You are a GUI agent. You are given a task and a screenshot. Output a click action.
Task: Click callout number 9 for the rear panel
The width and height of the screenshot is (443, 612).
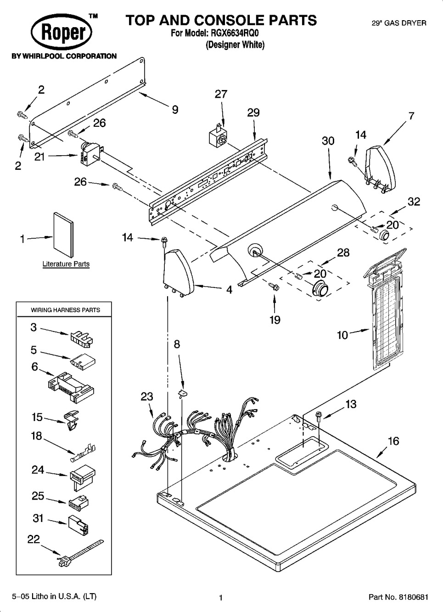click(175, 110)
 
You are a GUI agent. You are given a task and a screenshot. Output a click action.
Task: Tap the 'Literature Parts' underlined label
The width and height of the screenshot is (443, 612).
click(66, 264)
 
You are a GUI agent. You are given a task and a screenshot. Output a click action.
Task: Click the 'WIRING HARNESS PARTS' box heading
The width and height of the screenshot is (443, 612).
click(65, 310)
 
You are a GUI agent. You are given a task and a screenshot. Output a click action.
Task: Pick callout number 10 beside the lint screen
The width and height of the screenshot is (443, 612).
click(342, 335)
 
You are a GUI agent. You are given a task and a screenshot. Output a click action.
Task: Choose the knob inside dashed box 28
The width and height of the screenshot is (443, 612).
click(320, 290)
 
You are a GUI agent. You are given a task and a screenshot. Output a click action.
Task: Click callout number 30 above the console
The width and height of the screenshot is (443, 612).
click(328, 141)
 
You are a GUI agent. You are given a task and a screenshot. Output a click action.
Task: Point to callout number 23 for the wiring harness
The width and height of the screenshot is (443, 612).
click(147, 397)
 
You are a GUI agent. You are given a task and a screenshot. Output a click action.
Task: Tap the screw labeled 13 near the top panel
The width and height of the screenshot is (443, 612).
click(318, 415)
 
